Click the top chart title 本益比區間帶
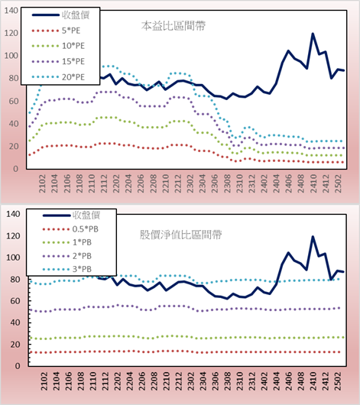(174, 26)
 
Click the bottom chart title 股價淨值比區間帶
(180, 235)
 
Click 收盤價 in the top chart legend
(76, 15)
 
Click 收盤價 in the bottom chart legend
(86, 215)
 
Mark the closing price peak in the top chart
(313, 34)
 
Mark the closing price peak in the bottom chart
(313, 237)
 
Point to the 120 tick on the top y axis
(11, 33)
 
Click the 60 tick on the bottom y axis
(15, 301)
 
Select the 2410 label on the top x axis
(313, 183)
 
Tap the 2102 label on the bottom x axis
(44, 381)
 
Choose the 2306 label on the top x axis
(215, 183)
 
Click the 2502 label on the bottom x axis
(338, 381)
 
